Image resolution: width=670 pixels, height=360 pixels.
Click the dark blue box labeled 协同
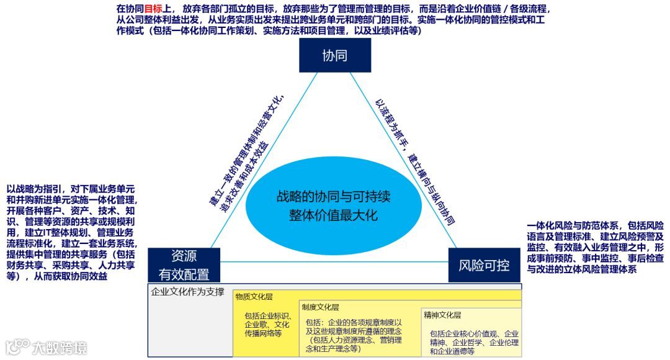pyautogui.click(x=334, y=55)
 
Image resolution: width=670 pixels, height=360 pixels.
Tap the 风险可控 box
pyautogui.click(x=484, y=266)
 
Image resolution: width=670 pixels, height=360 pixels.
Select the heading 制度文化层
pyautogui.click(x=321, y=307)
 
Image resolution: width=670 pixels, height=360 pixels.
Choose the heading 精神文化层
pyautogui.click(x=442, y=315)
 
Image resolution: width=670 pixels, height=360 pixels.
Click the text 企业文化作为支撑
pyautogui.click(x=188, y=292)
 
